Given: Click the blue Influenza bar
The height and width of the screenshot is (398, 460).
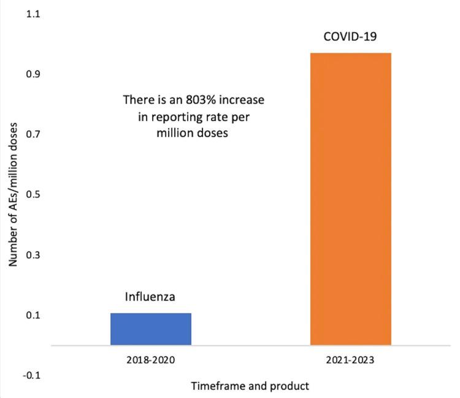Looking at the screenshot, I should pos(151,329).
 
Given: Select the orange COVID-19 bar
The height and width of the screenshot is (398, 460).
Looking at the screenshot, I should pos(350,199).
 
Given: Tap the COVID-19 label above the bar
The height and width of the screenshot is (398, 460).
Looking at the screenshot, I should pos(350,37).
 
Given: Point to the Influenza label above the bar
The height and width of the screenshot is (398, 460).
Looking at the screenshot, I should pos(151,297).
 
